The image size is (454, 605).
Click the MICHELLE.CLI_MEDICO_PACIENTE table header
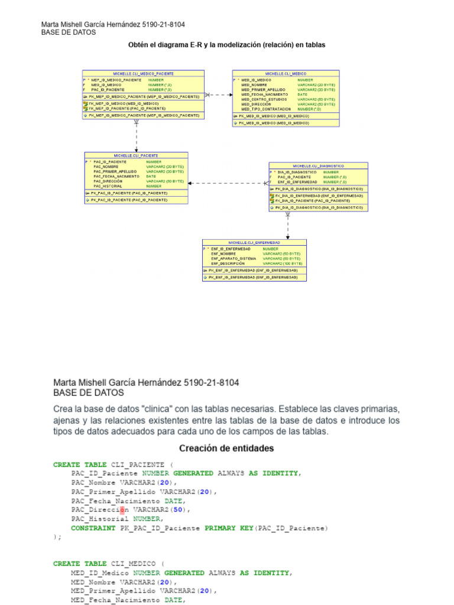143,73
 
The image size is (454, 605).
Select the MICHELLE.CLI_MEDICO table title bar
286,73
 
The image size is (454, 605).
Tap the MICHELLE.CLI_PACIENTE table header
136,155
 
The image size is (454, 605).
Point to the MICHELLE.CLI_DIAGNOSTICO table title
319,166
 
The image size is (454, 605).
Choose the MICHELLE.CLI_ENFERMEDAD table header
254,242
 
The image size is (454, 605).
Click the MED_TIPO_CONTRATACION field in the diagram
266,109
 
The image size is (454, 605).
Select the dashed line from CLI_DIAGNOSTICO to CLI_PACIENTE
228,183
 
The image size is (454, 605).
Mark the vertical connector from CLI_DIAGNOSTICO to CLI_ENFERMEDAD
288,225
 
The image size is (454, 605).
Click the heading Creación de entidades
226,448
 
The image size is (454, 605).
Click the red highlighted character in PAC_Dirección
122,509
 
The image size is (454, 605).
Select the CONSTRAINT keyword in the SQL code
93,528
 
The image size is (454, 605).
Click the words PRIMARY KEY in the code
228,528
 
